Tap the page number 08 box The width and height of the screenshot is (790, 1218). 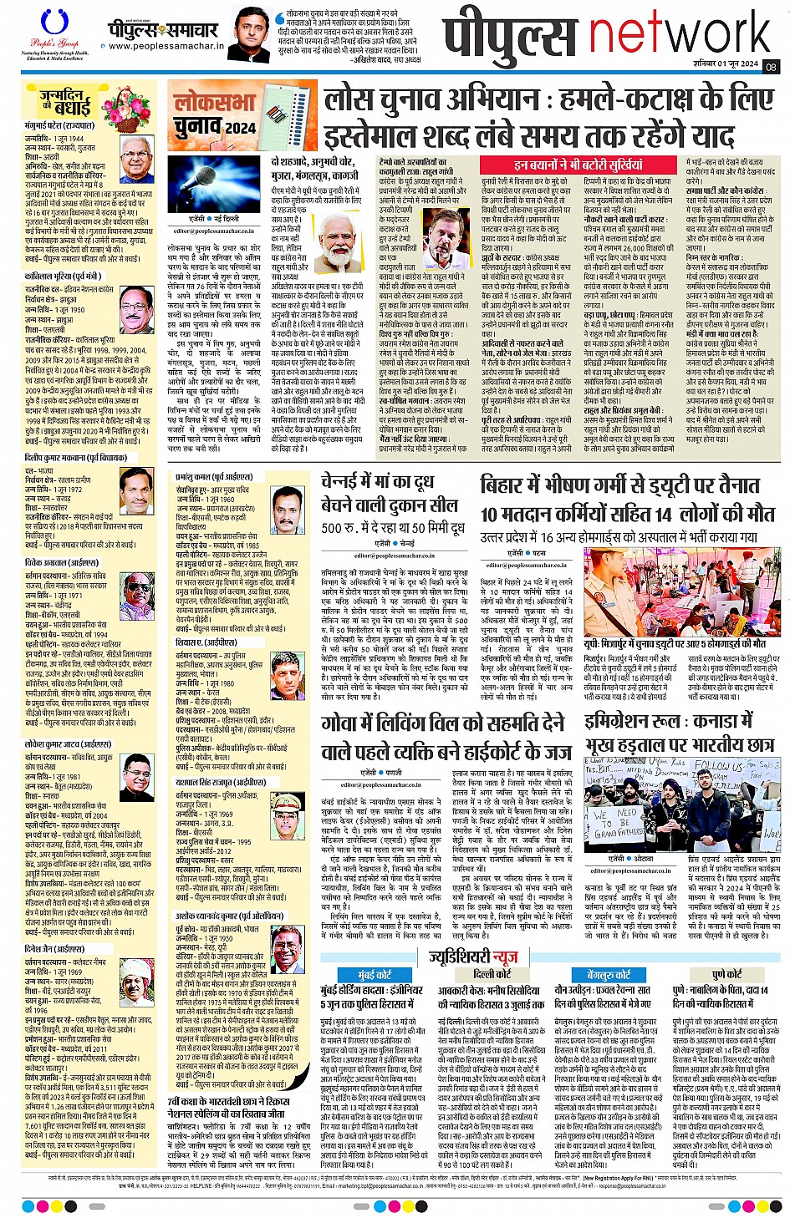(770, 67)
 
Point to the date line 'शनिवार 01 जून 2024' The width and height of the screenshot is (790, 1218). (725, 64)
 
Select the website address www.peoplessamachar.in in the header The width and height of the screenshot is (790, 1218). (166, 48)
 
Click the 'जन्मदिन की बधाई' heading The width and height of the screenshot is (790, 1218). (65, 103)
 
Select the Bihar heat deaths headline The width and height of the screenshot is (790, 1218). (620, 499)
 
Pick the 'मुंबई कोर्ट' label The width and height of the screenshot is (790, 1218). (375, 975)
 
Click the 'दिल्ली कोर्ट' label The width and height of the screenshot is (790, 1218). (492, 974)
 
